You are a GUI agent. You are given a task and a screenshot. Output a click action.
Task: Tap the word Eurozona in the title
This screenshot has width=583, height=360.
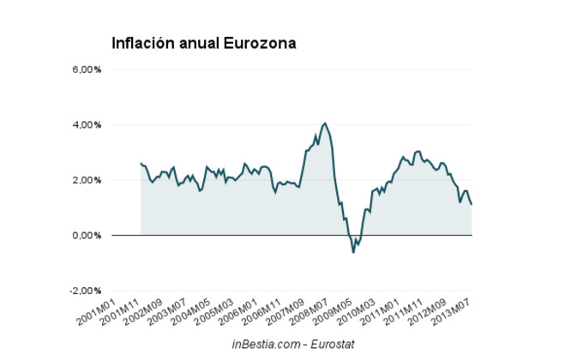point(260,43)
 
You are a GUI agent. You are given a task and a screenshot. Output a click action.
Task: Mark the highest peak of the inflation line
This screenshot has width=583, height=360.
point(324,123)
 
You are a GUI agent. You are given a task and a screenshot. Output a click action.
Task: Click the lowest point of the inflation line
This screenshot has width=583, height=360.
point(353,252)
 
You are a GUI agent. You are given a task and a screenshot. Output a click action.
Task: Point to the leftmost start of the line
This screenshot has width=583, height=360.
point(141,163)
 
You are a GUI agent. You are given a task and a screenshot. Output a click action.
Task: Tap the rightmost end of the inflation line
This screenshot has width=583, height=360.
point(472,204)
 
